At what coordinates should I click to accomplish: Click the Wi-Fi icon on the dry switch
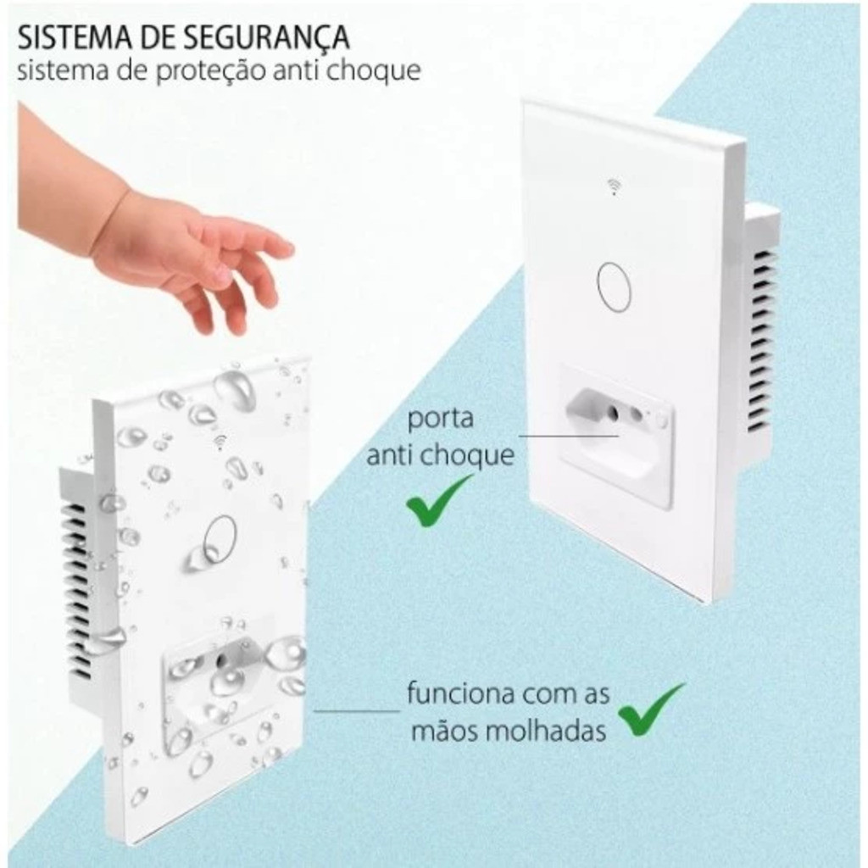click(614, 187)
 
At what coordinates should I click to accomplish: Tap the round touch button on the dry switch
click(614, 287)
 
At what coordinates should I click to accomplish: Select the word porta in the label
click(441, 420)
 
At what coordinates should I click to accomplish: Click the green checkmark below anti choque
click(437, 500)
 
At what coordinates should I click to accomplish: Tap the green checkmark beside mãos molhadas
click(650, 709)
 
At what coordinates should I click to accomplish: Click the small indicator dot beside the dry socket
click(660, 422)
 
